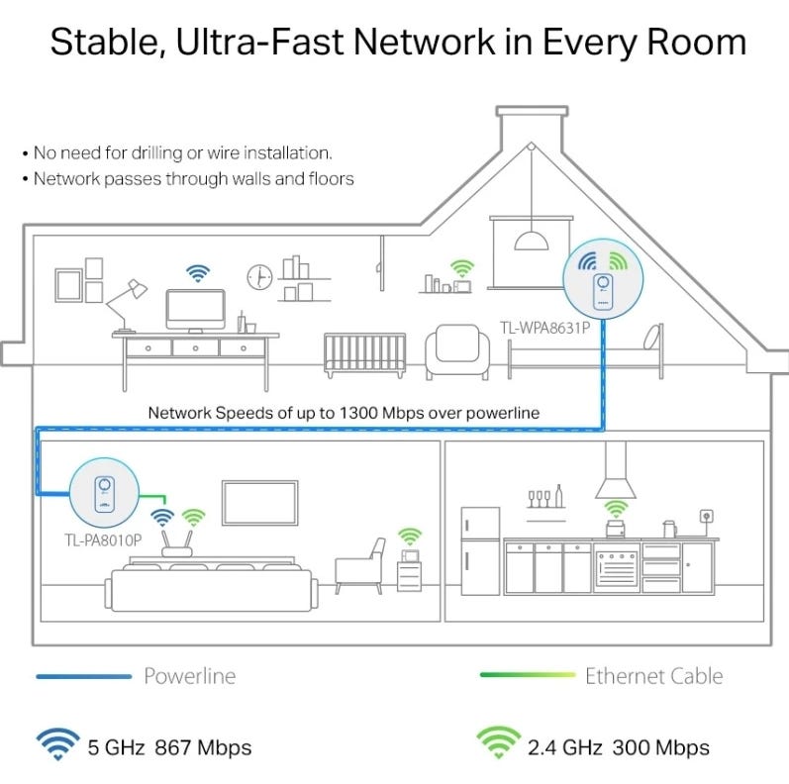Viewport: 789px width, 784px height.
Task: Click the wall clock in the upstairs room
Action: point(258,276)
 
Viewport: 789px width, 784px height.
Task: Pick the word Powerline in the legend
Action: point(190,677)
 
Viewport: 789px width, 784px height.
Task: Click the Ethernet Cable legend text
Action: point(653,677)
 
